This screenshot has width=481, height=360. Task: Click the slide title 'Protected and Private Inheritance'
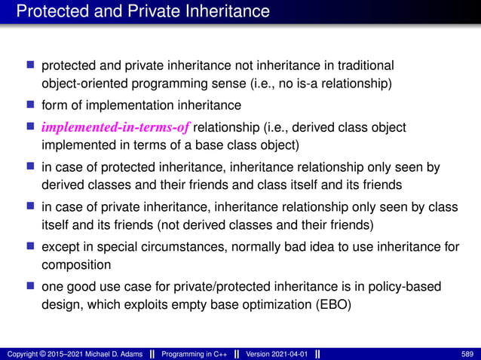coord(142,11)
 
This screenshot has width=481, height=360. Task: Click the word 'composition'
coord(75,265)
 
